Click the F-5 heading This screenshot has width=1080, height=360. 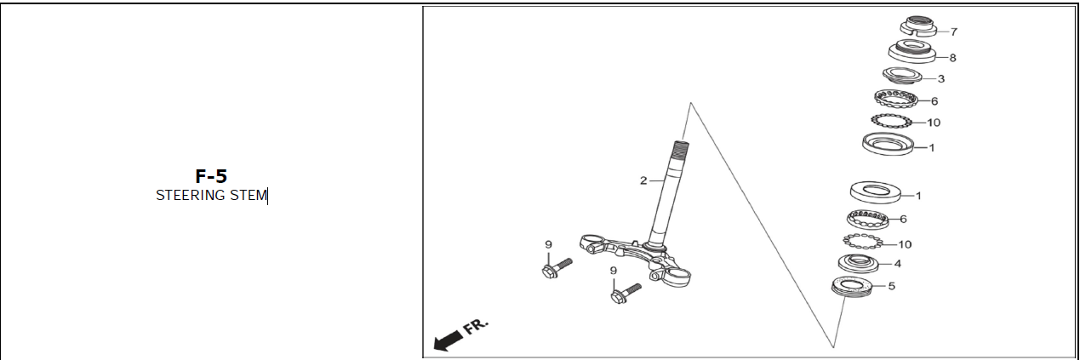[211, 176]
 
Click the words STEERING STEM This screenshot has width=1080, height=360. [211, 195]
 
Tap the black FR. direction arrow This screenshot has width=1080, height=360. [449, 340]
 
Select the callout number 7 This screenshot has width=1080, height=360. [954, 31]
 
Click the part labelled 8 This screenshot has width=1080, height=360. [911, 51]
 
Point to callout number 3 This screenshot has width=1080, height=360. [940, 78]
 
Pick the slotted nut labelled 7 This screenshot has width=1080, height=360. [918, 27]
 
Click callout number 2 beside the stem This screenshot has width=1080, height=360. [643, 180]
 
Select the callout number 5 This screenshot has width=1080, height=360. [891, 286]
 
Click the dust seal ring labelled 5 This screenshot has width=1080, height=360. [852, 286]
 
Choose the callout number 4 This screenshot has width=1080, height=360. [897, 264]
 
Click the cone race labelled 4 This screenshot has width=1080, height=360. [858, 263]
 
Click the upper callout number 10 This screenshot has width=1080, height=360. [934, 123]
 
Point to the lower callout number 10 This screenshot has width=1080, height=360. [905, 244]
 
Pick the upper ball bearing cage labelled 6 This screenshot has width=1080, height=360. [895, 100]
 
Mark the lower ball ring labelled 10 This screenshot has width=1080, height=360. [863, 241]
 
